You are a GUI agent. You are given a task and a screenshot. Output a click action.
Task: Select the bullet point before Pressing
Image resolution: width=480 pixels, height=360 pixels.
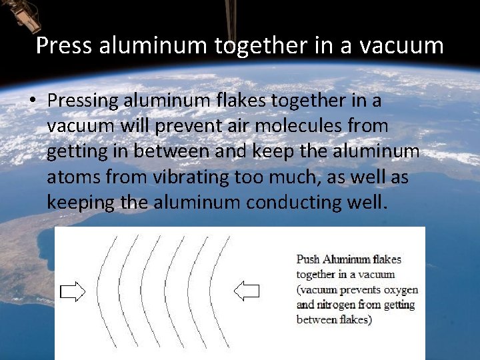pyautogui.click(x=35, y=101)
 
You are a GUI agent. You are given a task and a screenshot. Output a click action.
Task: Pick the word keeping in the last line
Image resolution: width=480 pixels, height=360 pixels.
pyautogui.click(x=80, y=202)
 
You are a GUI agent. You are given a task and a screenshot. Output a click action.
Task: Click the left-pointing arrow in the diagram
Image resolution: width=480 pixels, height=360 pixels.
pyautogui.click(x=247, y=291)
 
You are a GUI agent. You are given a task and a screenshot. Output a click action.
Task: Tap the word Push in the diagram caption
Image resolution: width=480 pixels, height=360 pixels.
pyautogui.click(x=308, y=259)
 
